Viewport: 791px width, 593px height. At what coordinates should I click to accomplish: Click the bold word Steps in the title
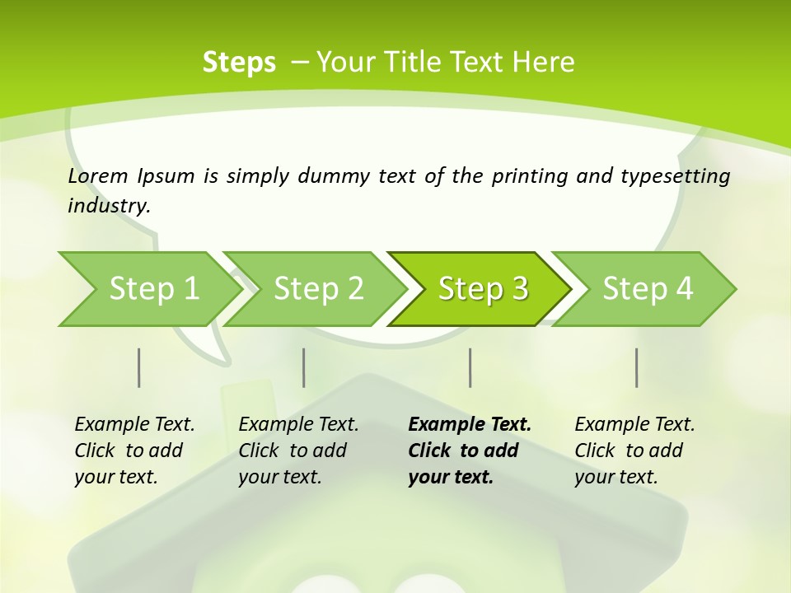(239, 63)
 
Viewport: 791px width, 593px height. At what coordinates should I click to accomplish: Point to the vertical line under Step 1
(139, 367)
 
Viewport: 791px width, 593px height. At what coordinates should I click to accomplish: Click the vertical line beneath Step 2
(304, 367)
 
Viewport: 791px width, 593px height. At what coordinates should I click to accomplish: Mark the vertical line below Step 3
(470, 367)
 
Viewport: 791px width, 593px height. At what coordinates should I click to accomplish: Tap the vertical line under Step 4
(637, 367)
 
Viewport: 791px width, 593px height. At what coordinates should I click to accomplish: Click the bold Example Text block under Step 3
(469, 451)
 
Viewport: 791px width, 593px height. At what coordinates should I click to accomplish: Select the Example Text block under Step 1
(133, 451)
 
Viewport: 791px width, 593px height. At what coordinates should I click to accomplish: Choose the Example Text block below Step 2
(297, 451)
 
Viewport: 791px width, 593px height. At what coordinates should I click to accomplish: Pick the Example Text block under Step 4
(634, 451)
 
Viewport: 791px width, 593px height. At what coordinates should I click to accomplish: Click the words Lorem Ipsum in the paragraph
(131, 176)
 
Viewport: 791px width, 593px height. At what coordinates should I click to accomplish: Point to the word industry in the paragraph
(109, 206)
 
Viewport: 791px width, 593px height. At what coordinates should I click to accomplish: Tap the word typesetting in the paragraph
(676, 176)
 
